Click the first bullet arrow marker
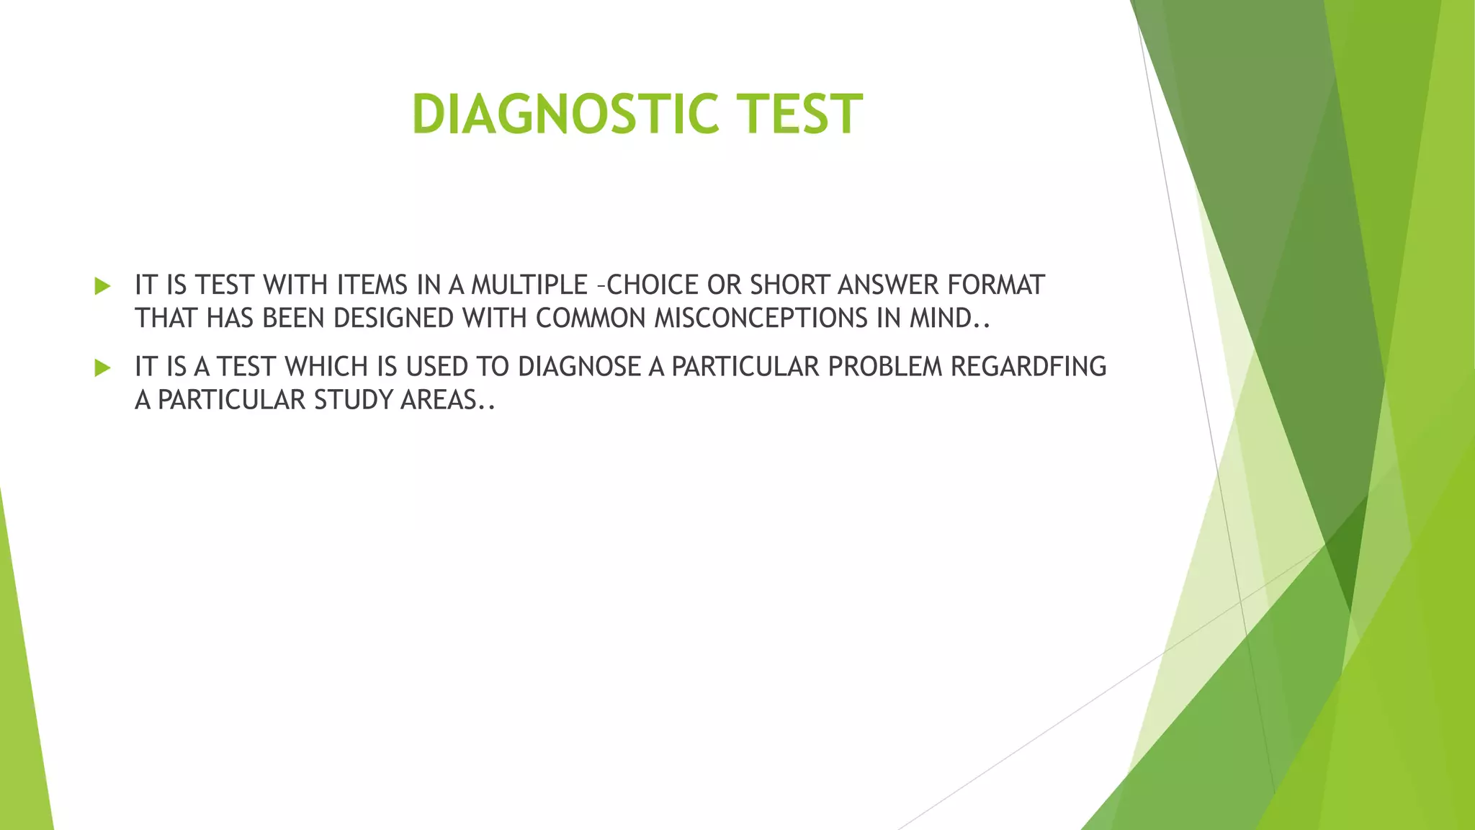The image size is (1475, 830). coord(102,286)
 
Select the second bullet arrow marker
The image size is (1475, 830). coord(102,368)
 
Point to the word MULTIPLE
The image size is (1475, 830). coord(529,285)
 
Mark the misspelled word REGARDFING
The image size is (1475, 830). coord(1028,367)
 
